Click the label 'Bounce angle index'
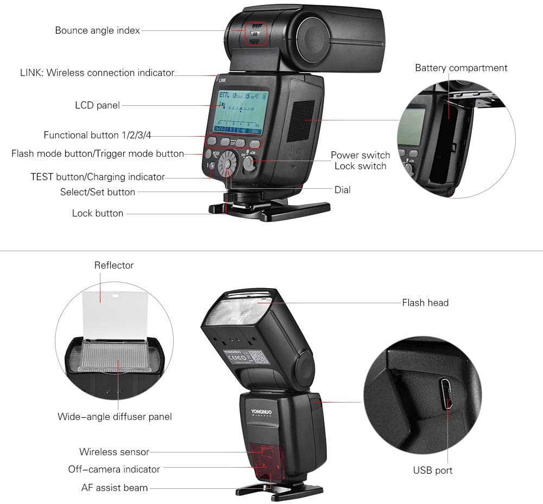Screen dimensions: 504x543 tap(97, 30)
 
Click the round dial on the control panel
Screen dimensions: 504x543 tap(228, 164)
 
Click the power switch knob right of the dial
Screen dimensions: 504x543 tap(249, 163)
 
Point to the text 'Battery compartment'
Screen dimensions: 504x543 tap(461, 68)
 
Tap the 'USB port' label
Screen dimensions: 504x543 tap(432, 470)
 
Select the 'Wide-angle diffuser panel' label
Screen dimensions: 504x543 tap(115, 417)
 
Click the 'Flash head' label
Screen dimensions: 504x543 tap(425, 303)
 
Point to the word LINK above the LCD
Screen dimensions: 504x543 tap(222, 79)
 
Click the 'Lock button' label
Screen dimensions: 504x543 tap(98, 213)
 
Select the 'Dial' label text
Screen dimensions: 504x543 tap(343, 190)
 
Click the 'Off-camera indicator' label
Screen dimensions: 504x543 tap(114, 469)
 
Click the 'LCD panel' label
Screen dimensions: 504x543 tap(97, 105)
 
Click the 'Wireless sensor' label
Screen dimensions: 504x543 tap(114, 451)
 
